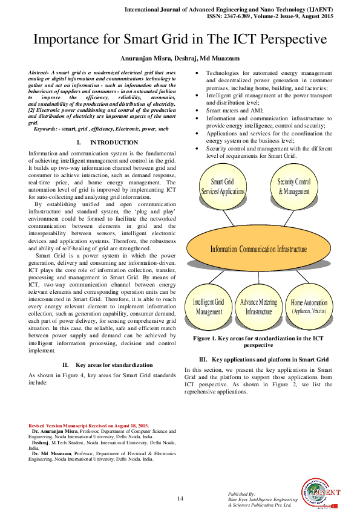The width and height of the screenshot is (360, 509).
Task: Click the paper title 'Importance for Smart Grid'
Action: [x=180, y=41]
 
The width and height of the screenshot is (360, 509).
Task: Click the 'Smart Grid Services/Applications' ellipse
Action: [x=223, y=186]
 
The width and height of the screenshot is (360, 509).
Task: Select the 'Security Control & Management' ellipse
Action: [x=294, y=186]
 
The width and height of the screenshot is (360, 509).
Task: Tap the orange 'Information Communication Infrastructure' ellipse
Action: [x=258, y=249]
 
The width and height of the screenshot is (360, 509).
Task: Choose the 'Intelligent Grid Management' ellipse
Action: [x=209, y=306]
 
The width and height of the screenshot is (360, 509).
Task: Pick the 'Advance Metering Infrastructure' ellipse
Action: [x=258, y=306]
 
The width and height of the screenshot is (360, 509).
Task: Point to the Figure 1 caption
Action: [x=258, y=342]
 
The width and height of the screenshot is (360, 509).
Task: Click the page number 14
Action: [x=180, y=498]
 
